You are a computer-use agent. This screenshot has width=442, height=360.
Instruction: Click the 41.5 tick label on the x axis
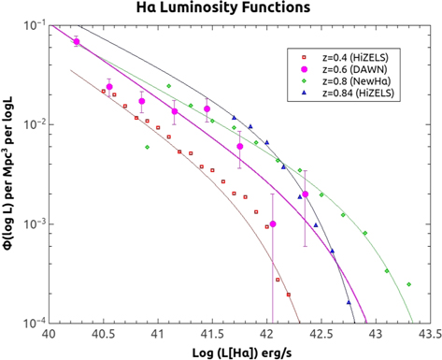point(213,333)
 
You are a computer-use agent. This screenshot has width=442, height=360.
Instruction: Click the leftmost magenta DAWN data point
point(77,42)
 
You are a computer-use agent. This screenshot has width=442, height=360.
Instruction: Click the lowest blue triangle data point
point(348,302)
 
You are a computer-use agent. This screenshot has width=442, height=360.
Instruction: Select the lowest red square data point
point(289,295)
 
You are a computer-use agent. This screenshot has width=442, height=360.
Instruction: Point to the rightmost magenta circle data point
point(305,194)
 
